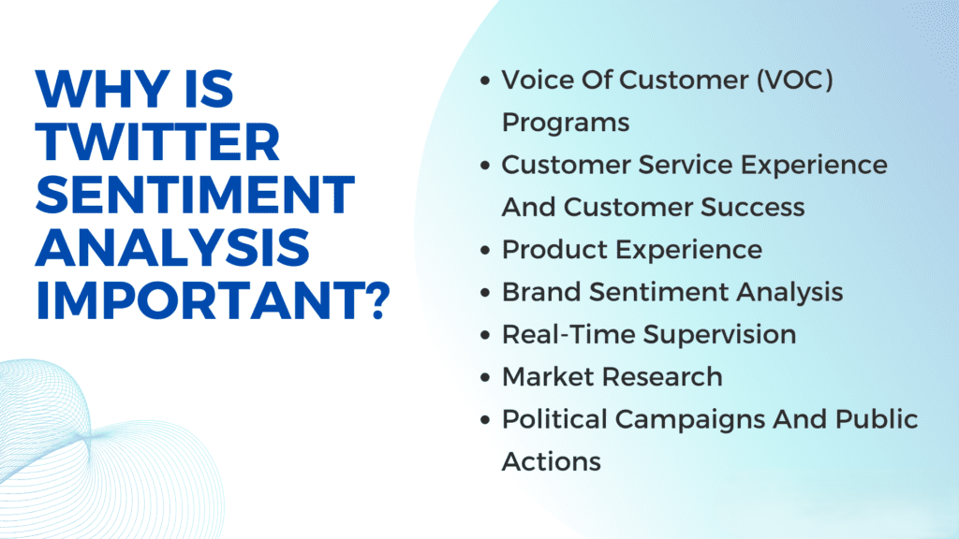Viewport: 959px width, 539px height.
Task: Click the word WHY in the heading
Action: tap(102, 89)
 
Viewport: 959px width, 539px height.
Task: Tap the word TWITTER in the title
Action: tap(157, 142)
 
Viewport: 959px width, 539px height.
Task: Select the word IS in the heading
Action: tap(208, 89)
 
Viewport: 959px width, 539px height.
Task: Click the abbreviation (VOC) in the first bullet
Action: tap(795, 80)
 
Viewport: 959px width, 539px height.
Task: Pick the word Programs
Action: tap(566, 123)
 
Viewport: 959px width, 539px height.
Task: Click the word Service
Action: tap(686, 165)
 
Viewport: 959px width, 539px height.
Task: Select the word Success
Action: tap(752, 207)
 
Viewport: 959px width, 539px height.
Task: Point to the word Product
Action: tap(555, 249)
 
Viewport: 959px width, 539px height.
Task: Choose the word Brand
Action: tap(541, 292)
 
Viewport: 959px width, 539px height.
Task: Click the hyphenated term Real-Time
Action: tap(568, 334)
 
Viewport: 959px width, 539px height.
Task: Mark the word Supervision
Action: tap(720, 334)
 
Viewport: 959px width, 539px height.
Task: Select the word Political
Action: tap(554, 418)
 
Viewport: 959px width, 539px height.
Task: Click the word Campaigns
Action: tap(689, 420)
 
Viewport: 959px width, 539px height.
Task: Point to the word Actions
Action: tap(552, 461)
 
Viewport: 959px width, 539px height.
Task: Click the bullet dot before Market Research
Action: tap(486, 377)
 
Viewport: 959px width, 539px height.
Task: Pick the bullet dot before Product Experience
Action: tap(486, 250)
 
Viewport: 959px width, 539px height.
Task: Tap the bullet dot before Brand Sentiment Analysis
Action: tap(486, 292)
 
